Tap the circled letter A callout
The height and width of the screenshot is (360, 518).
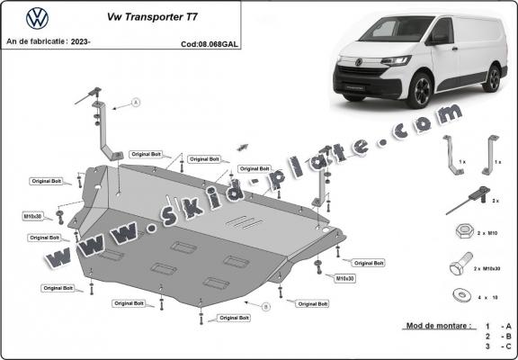coord(136,103)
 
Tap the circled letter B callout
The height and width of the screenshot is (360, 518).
coord(266,307)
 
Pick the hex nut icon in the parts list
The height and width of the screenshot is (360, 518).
coord(460,230)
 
